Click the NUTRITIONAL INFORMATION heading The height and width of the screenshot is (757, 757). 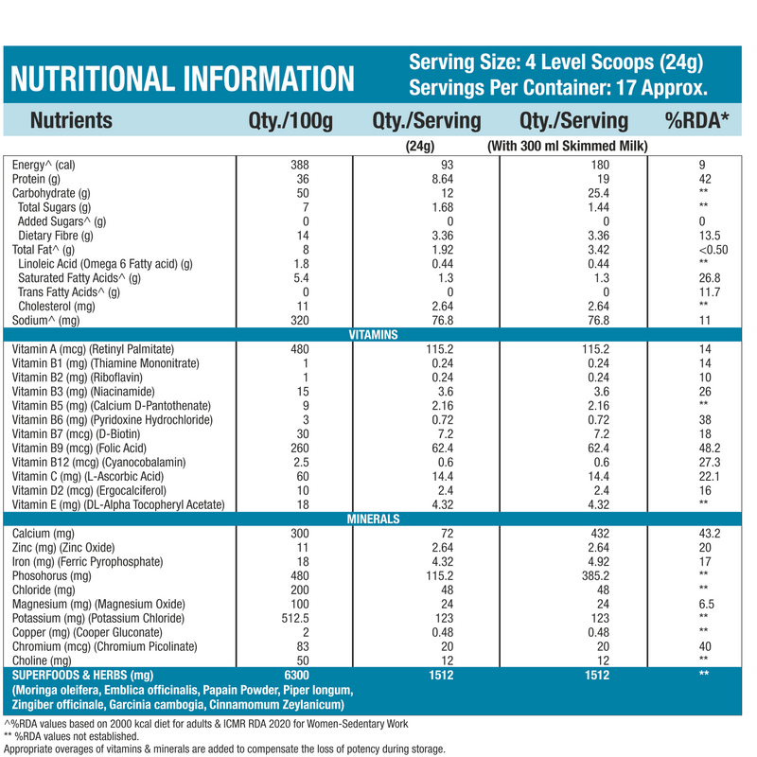tap(184, 78)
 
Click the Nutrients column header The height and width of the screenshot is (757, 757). tap(71, 121)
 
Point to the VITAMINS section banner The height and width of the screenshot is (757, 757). tap(372, 335)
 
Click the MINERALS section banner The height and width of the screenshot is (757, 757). tap(372, 519)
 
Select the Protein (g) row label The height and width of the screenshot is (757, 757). tap(36, 179)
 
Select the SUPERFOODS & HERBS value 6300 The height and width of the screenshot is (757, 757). tap(298, 676)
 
